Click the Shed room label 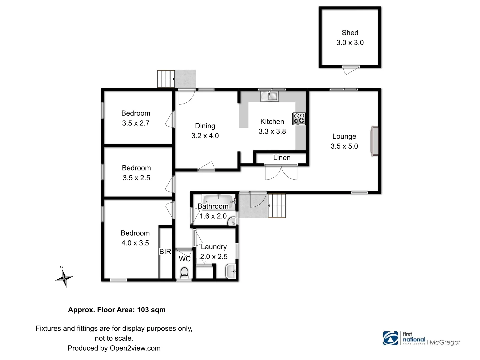click(x=350, y=33)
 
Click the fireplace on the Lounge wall click(x=375, y=141)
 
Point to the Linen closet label click(x=282, y=158)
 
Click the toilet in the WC click(x=184, y=272)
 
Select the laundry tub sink click(x=231, y=271)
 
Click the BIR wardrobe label click(x=165, y=252)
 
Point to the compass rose click(x=64, y=277)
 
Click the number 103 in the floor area click(x=143, y=310)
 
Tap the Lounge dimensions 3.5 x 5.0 click(x=344, y=146)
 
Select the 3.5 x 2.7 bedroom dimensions click(x=136, y=123)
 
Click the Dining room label click(x=205, y=126)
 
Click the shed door click(x=351, y=70)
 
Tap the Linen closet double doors click(x=281, y=172)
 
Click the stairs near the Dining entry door click(x=166, y=79)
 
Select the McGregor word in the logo click(x=445, y=342)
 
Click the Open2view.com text click(x=135, y=348)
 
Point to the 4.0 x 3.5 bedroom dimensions click(x=135, y=243)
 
